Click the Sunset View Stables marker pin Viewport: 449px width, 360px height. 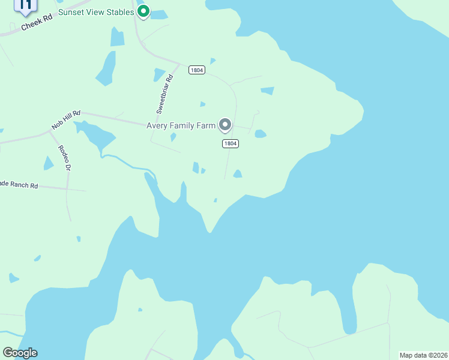[143, 11]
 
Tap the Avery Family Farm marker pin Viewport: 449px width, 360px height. [225, 125]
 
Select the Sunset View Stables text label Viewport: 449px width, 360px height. [96, 12]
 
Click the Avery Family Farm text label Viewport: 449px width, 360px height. [181, 125]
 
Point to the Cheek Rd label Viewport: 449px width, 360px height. [37, 23]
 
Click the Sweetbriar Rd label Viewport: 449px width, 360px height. [164, 94]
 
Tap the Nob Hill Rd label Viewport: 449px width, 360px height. [66, 119]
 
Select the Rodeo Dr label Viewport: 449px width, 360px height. [65, 158]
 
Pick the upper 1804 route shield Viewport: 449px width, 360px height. [197, 70]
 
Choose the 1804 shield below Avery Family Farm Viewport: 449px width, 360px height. [230, 143]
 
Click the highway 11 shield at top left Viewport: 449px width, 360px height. [25, 5]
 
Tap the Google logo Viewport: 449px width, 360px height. [20, 353]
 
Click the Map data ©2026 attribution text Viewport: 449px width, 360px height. [423, 355]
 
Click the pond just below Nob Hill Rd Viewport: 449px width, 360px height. [96, 135]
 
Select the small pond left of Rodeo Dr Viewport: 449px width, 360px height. [49, 163]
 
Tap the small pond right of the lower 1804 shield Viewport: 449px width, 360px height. [261, 134]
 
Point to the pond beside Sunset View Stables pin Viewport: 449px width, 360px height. [158, 14]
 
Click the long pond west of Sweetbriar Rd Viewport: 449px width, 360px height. [106, 67]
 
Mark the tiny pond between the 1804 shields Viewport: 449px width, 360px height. [203, 104]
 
